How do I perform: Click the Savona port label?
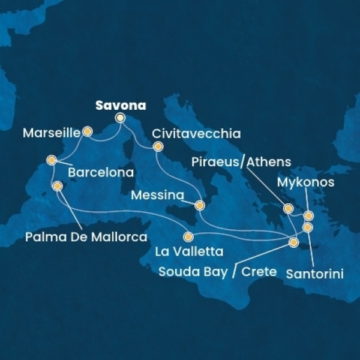pos(120,105)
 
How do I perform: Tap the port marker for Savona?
pos(120,118)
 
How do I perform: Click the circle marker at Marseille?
pos(88,131)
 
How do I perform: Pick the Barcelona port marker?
pos(52,160)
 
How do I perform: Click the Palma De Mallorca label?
pos(86,238)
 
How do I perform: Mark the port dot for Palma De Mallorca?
pos(58,187)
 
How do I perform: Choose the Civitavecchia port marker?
pos(158,146)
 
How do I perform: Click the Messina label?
pos(158,196)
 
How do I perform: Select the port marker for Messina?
pos(200,205)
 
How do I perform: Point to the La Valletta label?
pos(189,252)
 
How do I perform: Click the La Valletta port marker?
pos(189,236)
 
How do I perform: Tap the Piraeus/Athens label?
pos(242,162)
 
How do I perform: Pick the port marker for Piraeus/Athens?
pos(289,209)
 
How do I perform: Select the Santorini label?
pos(314,275)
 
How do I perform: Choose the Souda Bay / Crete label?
pos(217,272)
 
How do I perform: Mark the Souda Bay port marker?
pos(293,243)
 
